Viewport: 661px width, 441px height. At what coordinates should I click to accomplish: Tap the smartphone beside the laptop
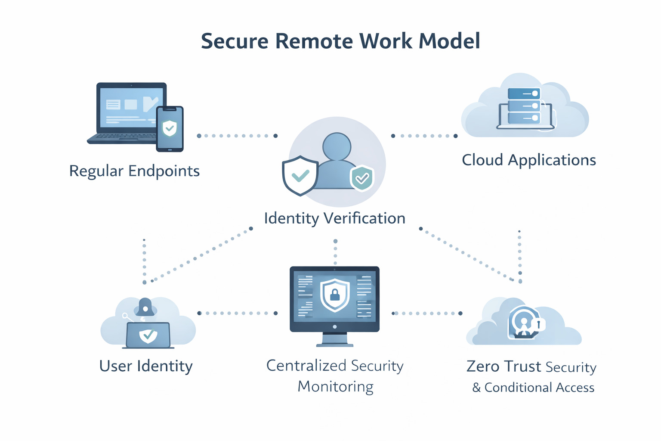coord(170,129)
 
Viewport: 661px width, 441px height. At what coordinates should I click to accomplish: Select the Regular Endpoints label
coord(134,171)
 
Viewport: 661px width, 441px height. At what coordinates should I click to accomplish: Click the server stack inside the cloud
coord(524,106)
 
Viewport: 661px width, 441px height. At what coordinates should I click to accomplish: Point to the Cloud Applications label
coord(528,160)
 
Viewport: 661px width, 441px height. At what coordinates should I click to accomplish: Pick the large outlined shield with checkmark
coord(300,175)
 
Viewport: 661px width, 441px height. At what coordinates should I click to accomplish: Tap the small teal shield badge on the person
coord(362,177)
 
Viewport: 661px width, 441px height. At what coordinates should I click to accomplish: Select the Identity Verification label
coord(334,218)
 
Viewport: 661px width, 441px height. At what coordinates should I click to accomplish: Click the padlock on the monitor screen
coord(335,295)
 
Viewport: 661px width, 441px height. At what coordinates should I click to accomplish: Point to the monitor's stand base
coord(335,344)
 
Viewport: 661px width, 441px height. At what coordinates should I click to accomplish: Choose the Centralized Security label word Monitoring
coord(335,386)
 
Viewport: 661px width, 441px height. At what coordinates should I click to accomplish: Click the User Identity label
coord(146,366)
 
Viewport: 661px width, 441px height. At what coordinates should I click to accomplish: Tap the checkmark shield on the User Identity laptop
coord(148,335)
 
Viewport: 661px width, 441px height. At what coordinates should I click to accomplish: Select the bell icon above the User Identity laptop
coord(145,307)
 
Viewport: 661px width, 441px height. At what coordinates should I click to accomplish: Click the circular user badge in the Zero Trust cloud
coord(524,322)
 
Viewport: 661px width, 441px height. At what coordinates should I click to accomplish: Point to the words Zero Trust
coord(503,366)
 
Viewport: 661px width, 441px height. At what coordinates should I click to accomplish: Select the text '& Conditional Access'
coord(533,388)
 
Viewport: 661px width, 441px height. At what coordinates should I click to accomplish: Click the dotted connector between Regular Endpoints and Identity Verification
coord(237,136)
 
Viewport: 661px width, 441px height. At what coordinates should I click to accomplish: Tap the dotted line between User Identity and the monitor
coord(237,313)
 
